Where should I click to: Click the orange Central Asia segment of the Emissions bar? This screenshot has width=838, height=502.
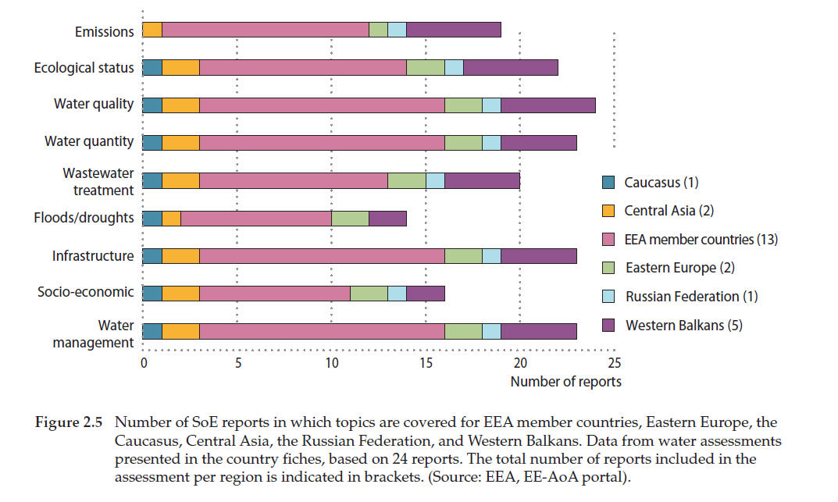coord(152,30)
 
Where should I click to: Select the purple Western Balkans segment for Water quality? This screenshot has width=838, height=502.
coord(548,105)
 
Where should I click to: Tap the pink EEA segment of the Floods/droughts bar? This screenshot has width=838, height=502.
coord(256,218)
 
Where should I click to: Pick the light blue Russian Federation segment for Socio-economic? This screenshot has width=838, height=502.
coord(397,293)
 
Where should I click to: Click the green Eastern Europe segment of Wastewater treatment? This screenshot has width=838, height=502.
coord(406,180)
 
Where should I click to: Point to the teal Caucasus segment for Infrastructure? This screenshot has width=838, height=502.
coord(152,255)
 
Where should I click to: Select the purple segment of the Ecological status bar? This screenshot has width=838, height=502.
coord(511,68)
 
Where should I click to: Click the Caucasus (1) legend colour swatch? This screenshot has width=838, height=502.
coord(609,183)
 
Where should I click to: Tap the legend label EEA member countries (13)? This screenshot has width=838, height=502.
coord(701,239)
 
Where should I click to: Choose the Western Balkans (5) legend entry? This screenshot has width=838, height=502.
coord(683,325)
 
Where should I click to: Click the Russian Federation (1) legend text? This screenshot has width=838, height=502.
coord(691,296)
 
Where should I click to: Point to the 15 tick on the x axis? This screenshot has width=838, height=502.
coord(426,364)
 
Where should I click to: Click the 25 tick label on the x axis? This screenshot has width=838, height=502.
coord(614,364)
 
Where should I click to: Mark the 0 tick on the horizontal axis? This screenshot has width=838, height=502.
coord(143,364)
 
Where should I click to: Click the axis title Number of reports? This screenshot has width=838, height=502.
coord(566,382)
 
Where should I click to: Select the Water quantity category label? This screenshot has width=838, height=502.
coord(89,142)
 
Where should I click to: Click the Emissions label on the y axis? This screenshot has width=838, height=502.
coord(104,31)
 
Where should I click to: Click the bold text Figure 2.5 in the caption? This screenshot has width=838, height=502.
coord(69,423)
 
